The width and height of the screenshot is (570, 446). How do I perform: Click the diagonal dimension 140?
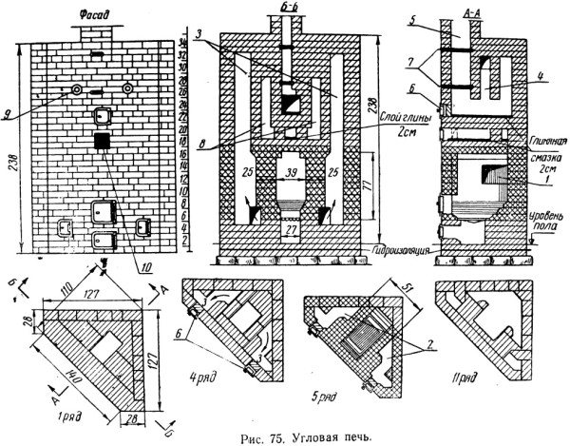click(70, 361)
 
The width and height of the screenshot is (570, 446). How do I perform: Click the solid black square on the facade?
click(99, 141)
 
